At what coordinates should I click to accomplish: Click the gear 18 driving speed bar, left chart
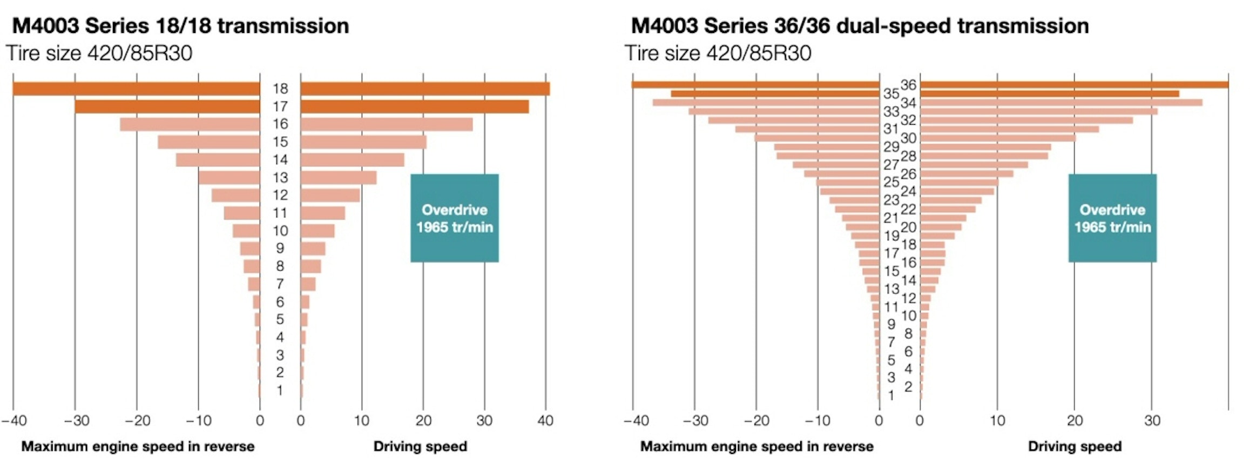pos(425,89)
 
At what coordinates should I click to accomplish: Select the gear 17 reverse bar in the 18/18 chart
pos(167,106)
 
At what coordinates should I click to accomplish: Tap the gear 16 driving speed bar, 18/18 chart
pos(387,124)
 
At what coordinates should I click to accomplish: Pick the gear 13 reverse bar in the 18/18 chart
pos(229,177)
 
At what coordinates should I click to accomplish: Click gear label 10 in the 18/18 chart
pos(280,231)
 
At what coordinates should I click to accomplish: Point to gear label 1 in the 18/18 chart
pos(280,390)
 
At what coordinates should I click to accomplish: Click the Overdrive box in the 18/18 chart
pos(455,218)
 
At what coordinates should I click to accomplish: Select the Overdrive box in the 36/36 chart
pos(1112,218)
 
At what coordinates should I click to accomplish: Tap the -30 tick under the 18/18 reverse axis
pos(76,420)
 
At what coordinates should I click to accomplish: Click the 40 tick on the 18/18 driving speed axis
pos(545,420)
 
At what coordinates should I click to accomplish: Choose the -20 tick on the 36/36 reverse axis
pos(756,420)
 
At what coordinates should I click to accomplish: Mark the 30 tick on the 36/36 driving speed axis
pos(1152,420)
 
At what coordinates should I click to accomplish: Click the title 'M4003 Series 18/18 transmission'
pos(180,26)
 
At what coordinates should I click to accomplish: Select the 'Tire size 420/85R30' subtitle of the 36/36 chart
pos(718,53)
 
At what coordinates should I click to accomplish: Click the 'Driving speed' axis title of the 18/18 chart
pos(420,446)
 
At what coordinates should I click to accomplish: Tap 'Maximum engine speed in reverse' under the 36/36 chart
pos(756,446)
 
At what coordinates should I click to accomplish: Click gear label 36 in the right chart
pos(909,85)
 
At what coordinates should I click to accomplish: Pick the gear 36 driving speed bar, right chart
pos(1074,84)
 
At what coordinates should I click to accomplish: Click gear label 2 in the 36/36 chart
pos(909,387)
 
